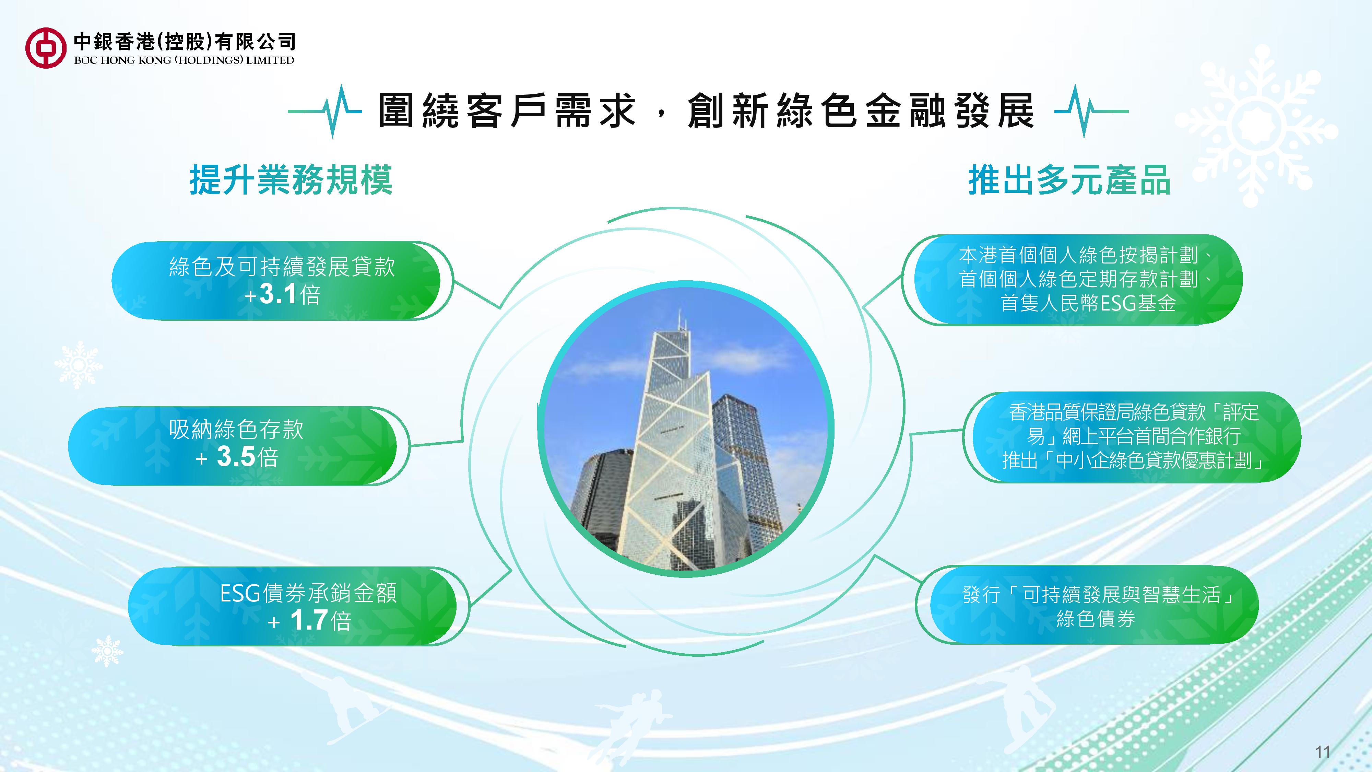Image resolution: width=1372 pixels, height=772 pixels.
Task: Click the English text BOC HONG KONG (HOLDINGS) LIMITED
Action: pyautogui.click(x=184, y=60)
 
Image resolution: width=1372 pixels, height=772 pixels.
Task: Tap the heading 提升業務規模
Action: pyautogui.click(x=291, y=180)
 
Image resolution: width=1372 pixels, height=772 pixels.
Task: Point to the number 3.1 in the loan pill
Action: pyautogui.click(x=278, y=295)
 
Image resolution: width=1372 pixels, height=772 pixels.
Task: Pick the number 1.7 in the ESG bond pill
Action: pyautogui.click(x=309, y=620)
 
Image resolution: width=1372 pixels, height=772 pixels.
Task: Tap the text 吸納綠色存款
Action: pyautogui.click(x=236, y=430)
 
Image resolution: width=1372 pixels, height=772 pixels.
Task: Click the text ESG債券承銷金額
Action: pyautogui.click(x=308, y=593)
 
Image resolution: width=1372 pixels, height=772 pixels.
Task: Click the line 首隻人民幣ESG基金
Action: pyautogui.click(x=1088, y=303)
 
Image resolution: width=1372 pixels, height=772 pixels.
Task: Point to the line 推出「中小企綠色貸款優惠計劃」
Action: pyautogui.click(x=1133, y=460)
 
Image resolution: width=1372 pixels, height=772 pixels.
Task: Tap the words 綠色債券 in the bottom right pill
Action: pyautogui.click(x=1095, y=619)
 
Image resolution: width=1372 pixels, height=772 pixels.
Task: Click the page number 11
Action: pyautogui.click(x=1323, y=752)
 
